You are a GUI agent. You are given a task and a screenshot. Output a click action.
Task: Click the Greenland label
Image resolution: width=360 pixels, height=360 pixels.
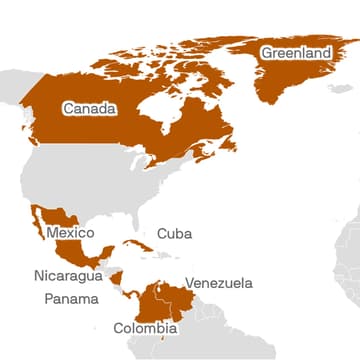[295, 53]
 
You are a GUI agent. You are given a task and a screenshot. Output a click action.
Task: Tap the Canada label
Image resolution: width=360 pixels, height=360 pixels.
[88, 108]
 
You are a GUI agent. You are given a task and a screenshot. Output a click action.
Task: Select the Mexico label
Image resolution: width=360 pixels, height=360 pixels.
[70, 233]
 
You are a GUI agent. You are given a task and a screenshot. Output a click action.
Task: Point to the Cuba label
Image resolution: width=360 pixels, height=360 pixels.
[174, 234]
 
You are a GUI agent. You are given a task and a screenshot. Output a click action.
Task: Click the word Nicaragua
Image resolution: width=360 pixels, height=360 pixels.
[67, 276]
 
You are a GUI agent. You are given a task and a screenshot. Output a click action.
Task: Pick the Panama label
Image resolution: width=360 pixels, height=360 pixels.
[71, 299]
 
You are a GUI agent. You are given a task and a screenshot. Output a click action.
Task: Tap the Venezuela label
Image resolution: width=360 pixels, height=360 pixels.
[219, 283]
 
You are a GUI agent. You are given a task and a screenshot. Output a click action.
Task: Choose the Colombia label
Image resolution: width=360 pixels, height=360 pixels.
[145, 328]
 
